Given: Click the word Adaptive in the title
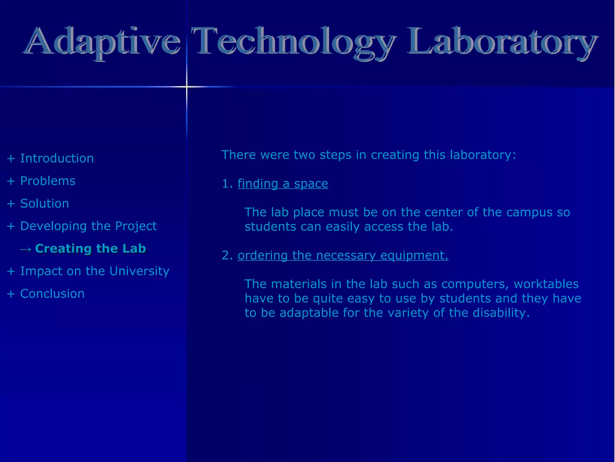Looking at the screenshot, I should click(102, 42).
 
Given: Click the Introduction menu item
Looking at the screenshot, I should click(57, 159).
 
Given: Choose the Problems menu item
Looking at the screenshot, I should click(48, 181).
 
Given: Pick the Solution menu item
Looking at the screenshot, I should click(44, 204).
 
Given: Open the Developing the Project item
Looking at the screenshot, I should click(88, 226).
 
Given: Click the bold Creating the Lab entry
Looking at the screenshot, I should click(90, 249).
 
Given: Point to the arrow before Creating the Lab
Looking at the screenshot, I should click(26, 249).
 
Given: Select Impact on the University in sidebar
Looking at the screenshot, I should click(95, 271).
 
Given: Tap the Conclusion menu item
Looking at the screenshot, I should click(52, 294).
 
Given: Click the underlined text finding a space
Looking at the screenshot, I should click(283, 184).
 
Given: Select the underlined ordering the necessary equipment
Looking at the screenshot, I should click(343, 256).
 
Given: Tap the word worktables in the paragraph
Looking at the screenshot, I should click(546, 284).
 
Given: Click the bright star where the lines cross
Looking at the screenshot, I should click(186, 87).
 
